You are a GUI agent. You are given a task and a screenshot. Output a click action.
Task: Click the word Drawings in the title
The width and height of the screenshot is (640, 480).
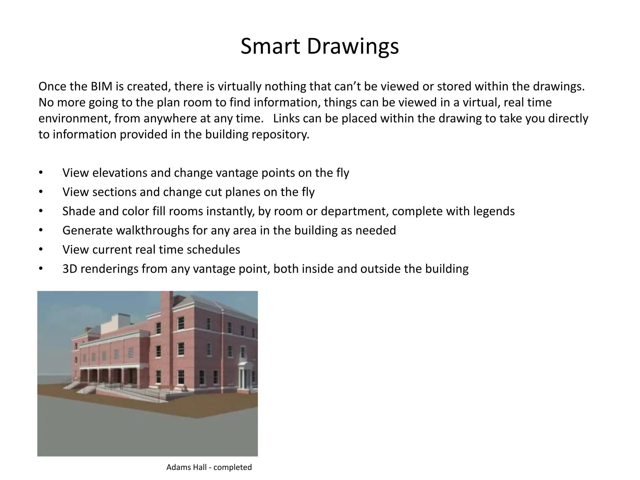[353, 46]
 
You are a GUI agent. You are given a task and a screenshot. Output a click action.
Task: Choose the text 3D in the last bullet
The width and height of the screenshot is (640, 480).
[70, 269]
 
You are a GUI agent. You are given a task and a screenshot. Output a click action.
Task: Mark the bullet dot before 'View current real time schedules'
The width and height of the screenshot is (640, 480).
[41, 250]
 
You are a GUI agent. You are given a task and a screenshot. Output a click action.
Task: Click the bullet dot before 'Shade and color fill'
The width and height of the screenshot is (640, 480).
[41, 211]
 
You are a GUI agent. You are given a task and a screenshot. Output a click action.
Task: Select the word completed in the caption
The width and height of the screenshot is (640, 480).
[232, 467]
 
